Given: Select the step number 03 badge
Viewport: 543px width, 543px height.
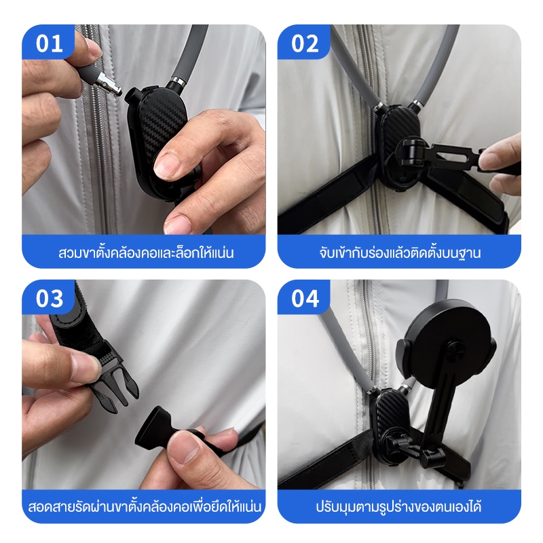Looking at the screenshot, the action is coord(48,297).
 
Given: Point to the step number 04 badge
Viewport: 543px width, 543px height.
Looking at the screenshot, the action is coord(303,297).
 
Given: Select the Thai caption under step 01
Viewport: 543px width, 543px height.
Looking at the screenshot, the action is coord(146,252).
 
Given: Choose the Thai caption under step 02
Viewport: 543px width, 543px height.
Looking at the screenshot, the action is coord(400,252).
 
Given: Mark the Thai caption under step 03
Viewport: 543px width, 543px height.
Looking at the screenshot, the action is coord(144,506).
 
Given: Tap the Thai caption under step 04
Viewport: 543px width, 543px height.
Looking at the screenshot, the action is coord(399,506).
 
